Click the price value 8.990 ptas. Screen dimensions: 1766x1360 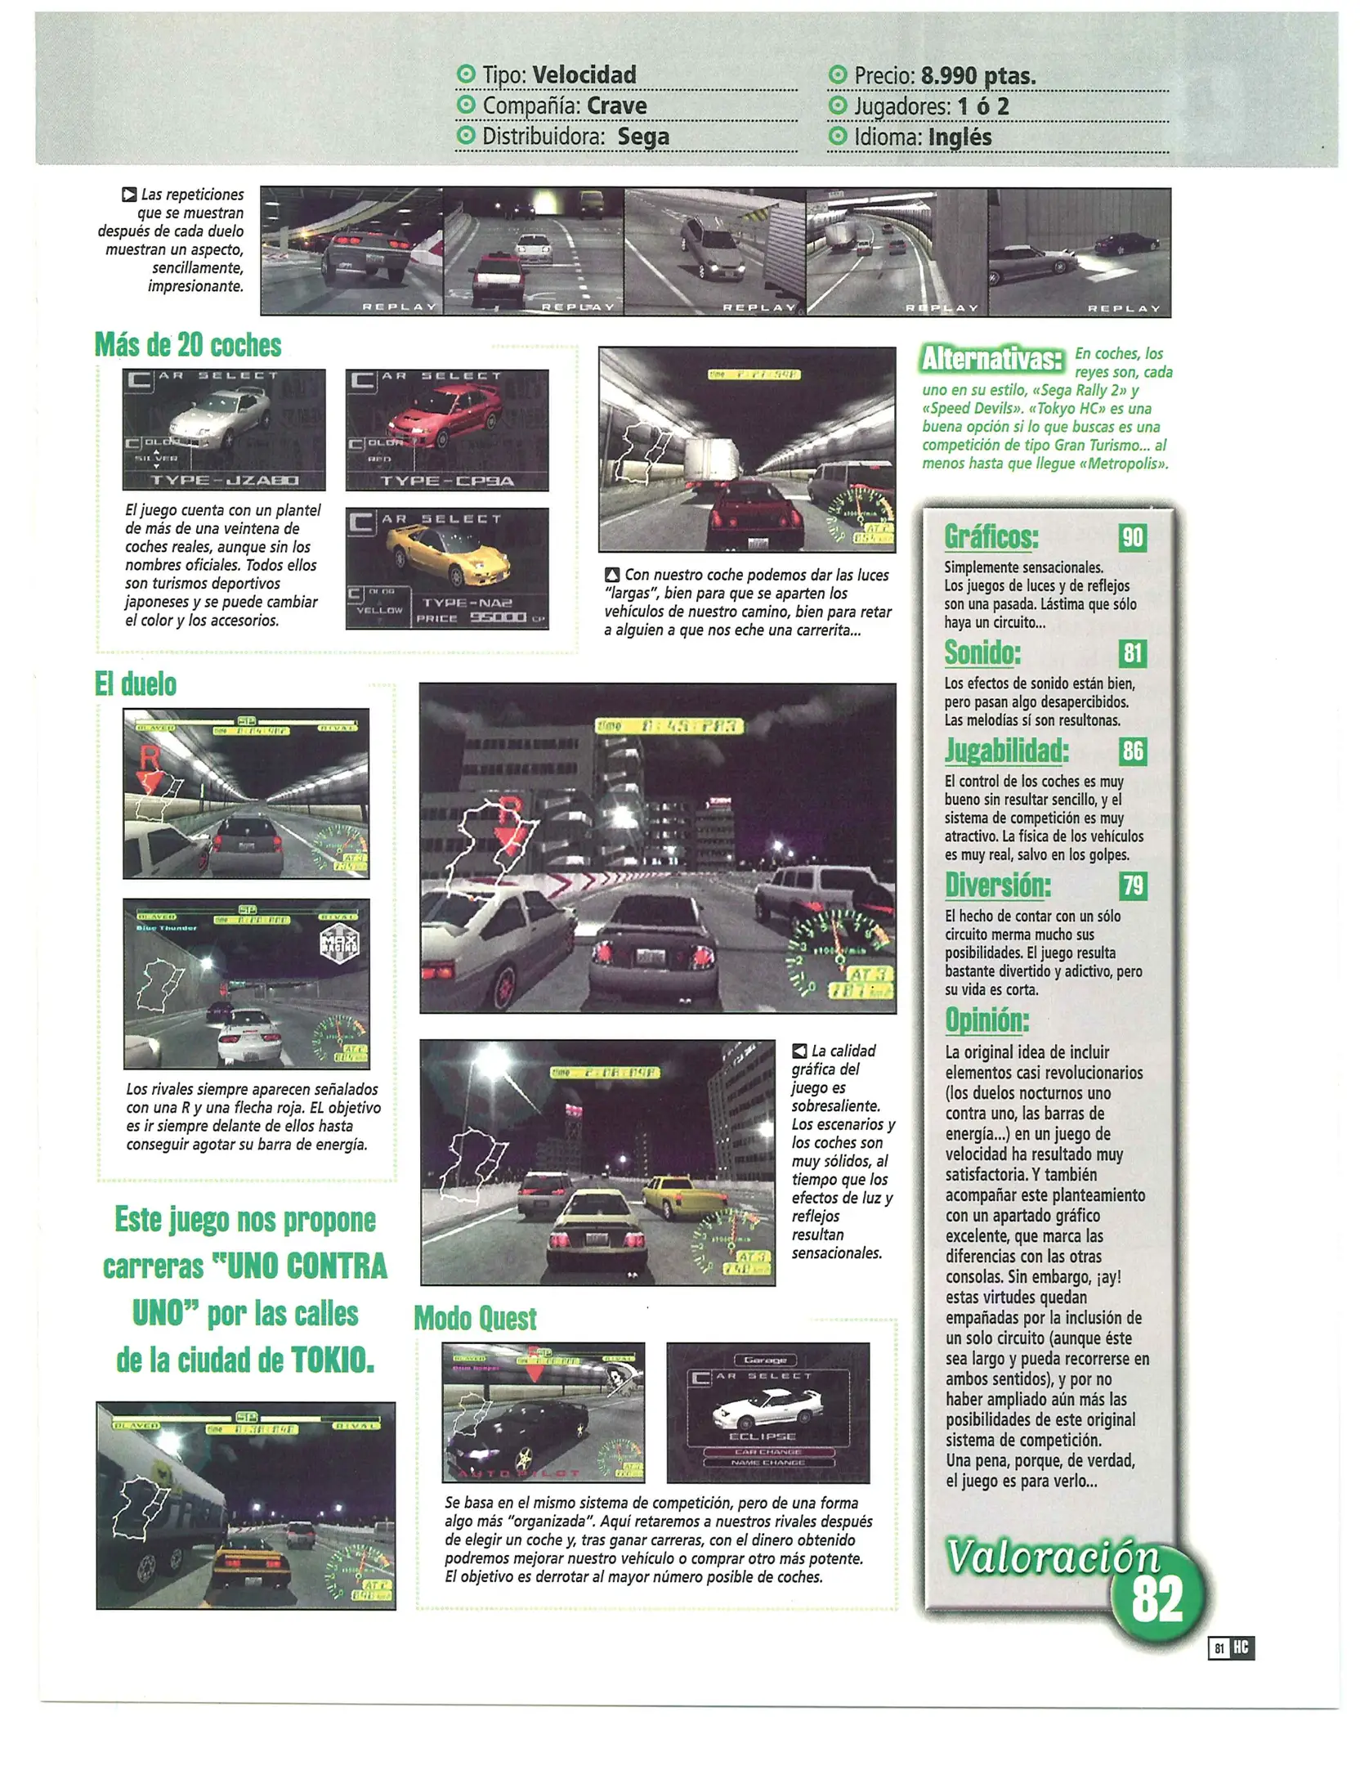(977, 76)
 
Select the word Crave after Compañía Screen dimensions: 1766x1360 (616, 106)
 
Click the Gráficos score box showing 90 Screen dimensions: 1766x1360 (1132, 538)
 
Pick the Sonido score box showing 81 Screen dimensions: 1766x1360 (1132, 653)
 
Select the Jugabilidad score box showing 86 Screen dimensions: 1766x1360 (1132, 751)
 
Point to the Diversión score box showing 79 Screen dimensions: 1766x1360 (1132, 885)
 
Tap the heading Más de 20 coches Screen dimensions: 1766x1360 (188, 345)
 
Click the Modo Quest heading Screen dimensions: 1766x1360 (475, 1318)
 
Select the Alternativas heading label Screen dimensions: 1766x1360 (991, 358)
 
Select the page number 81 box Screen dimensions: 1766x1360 (1219, 1648)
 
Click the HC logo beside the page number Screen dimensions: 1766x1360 (1241, 1647)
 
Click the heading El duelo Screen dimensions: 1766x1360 (136, 684)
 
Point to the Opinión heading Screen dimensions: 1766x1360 (986, 1020)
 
